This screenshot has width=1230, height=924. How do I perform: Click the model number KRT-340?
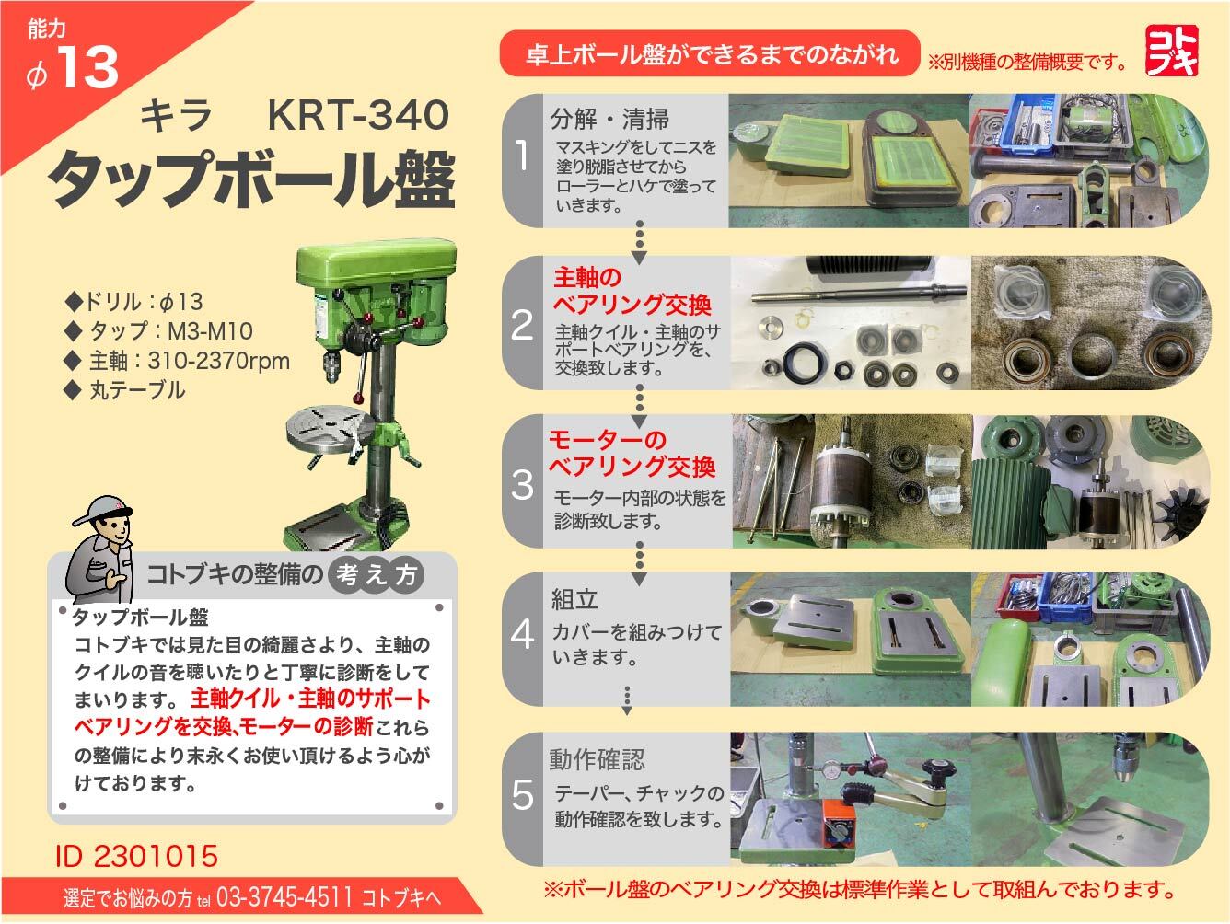[x=358, y=115]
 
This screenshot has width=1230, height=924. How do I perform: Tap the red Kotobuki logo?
[x=1172, y=51]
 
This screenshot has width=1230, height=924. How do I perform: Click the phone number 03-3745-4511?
[x=284, y=897]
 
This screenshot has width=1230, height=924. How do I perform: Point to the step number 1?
[x=522, y=156]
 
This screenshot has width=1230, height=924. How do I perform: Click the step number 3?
[x=522, y=484]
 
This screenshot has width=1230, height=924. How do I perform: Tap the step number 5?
[x=522, y=794]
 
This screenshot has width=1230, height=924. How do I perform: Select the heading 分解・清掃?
[x=609, y=119]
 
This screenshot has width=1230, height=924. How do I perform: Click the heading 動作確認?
[x=597, y=760]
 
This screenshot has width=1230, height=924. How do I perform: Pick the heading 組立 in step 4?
[x=574, y=599]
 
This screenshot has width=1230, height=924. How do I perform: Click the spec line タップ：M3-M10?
[x=159, y=331]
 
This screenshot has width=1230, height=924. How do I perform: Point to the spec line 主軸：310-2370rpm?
[x=178, y=361]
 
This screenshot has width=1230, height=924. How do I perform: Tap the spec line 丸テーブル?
[x=125, y=390]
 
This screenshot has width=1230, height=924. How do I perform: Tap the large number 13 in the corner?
[x=88, y=67]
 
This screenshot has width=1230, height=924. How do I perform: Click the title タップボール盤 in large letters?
[x=252, y=179]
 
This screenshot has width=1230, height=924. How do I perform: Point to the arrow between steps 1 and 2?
[x=639, y=242]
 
